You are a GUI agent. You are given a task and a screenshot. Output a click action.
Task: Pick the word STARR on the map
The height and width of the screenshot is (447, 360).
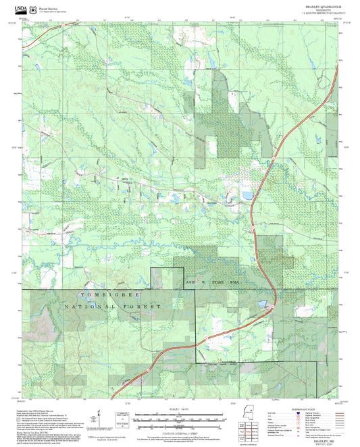tap(216, 281)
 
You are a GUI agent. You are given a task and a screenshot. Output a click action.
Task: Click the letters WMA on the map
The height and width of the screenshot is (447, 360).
tap(234, 281)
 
